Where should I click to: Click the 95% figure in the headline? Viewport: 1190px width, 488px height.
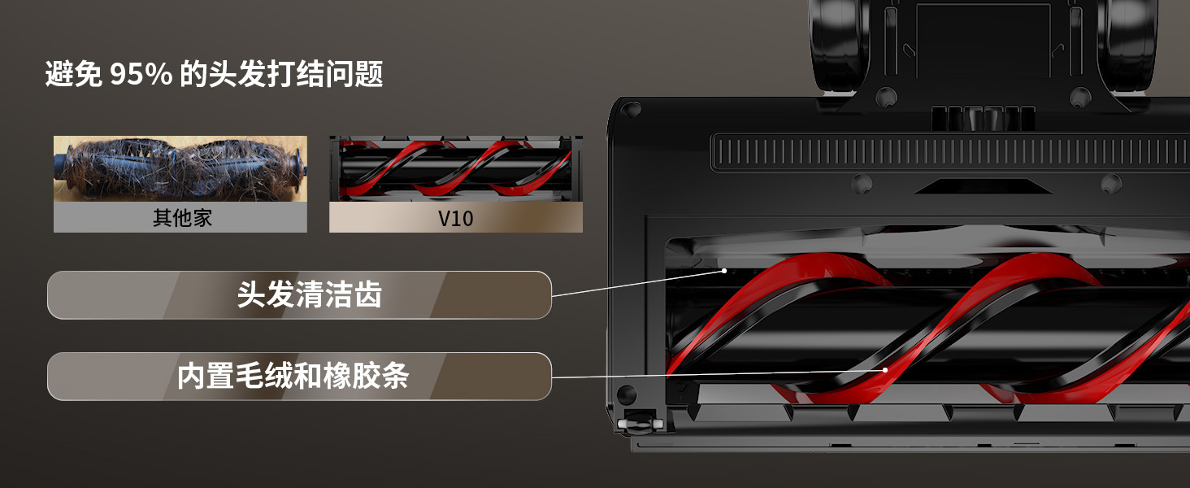pyautogui.click(x=141, y=75)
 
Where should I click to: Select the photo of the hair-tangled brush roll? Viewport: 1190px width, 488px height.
pyautogui.click(x=180, y=168)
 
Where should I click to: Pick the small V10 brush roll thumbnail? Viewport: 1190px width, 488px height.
pyautogui.click(x=455, y=168)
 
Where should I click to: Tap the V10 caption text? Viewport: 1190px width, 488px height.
pyautogui.click(x=455, y=218)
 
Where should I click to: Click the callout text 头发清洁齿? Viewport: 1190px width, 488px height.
pyautogui.click(x=309, y=294)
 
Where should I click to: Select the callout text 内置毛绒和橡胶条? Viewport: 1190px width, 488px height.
pyautogui.click(x=293, y=377)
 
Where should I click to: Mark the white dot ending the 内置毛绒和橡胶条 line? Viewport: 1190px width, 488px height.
pyautogui.click(x=888, y=369)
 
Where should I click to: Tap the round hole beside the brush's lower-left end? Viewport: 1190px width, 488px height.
pyautogui.click(x=626, y=395)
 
